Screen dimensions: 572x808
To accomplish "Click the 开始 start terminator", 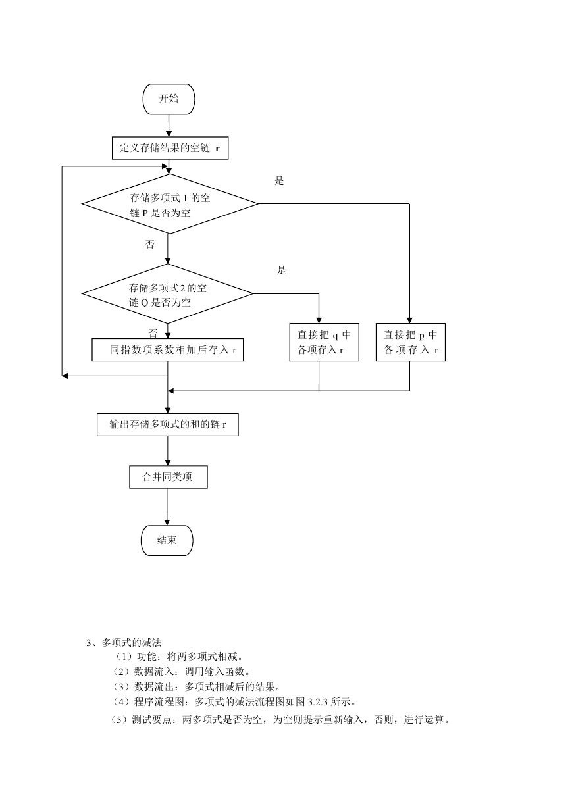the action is click(169, 99).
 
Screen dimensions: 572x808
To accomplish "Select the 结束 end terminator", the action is click(167, 540).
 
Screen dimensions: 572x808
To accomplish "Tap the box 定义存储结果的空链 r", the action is click(170, 148).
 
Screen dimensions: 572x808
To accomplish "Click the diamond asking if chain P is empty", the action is click(170, 204).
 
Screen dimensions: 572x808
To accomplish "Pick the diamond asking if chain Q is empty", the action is click(167, 293).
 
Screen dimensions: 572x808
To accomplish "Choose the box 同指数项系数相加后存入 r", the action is click(167, 349).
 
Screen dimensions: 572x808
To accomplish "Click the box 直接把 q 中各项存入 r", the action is click(324, 342).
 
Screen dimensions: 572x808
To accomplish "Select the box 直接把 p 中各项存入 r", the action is click(410, 342).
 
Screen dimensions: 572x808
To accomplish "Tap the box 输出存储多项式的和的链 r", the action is click(167, 424).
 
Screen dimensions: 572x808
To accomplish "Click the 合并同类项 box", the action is click(168, 477).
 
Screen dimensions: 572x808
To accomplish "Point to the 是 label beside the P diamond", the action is click(279, 181).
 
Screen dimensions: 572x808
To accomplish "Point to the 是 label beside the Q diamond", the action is click(281, 270).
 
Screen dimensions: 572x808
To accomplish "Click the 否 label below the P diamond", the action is click(150, 245).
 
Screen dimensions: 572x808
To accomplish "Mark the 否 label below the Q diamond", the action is click(153, 333).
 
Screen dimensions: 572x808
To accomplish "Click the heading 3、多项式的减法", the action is click(124, 642).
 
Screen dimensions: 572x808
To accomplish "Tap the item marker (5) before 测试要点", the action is click(119, 720).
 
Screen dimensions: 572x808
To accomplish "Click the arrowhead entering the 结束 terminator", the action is click(167, 522).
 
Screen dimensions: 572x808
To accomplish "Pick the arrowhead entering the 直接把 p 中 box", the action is click(409, 320).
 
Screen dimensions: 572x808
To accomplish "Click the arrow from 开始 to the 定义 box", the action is click(169, 126).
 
